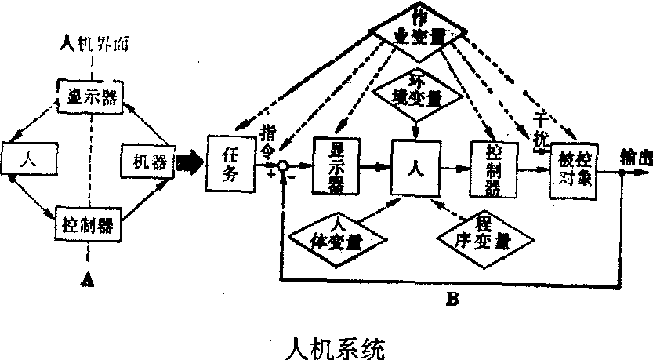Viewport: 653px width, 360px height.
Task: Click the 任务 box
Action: click(231, 162)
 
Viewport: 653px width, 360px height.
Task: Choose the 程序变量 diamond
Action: click(486, 234)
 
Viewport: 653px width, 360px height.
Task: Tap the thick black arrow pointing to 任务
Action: click(189, 163)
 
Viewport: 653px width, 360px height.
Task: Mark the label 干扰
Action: click(539, 129)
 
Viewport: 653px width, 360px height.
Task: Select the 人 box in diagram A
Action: click(29, 158)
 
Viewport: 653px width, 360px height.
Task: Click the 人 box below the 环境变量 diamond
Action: click(415, 166)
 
